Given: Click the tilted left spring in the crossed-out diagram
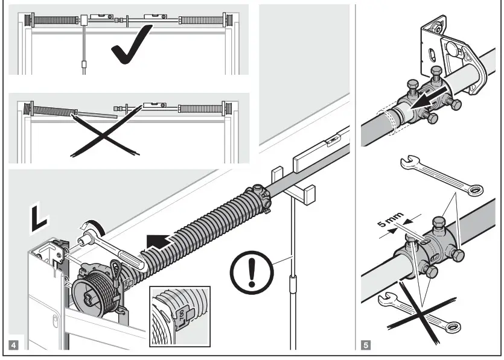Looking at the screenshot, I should [x=54, y=111].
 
